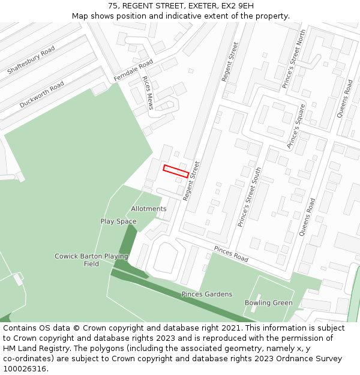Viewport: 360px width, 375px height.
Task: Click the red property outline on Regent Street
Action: coord(176,170)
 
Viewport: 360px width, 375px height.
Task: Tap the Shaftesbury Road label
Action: coord(31,60)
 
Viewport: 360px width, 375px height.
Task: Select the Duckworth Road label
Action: coord(42,95)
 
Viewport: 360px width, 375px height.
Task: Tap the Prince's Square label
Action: coord(296,126)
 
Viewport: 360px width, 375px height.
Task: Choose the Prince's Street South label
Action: coord(250,196)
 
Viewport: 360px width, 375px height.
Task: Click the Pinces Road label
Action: coord(231,254)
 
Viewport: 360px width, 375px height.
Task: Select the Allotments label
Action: coord(149,209)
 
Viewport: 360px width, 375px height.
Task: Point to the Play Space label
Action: coord(118,221)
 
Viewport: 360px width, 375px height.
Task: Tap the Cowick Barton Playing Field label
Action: coord(91,260)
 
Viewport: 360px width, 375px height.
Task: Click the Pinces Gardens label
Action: coord(207,294)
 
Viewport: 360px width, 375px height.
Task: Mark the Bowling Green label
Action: coord(268,303)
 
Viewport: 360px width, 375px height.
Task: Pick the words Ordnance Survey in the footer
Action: coord(314,358)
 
